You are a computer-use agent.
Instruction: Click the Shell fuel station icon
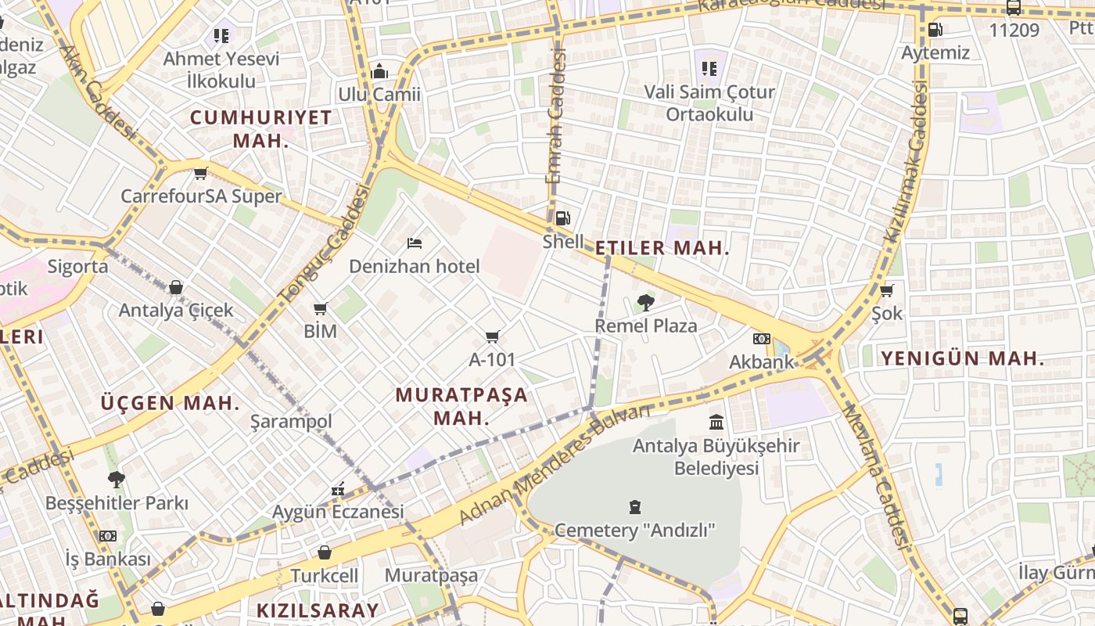(562, 218)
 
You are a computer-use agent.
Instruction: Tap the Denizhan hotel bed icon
(415, 243)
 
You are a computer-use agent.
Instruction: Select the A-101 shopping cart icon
(492, 336)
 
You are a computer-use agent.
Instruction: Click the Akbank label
(762, 362)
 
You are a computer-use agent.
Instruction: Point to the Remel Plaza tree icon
(646, 302)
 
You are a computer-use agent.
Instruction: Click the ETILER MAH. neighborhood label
(662, 249)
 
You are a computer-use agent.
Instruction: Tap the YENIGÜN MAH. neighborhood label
(962, 359)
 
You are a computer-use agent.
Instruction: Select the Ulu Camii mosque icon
(379, 71)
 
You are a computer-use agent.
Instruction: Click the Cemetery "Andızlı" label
(634, 531)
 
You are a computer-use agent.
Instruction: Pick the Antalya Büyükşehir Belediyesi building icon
(716, 423)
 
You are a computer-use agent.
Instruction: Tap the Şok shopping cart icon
(887, 290)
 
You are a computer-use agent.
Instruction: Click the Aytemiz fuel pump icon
(935, 30)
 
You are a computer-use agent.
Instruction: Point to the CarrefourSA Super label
(201, 196)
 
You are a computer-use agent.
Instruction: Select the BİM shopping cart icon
(320, 308)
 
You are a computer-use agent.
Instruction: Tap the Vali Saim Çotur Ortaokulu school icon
(709, 68)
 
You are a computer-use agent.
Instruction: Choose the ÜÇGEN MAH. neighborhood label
(170, 404)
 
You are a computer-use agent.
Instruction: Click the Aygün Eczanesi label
(338, 513)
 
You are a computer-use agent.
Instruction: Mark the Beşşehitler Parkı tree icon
(117, 479)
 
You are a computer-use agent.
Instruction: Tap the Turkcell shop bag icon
(325, 552)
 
